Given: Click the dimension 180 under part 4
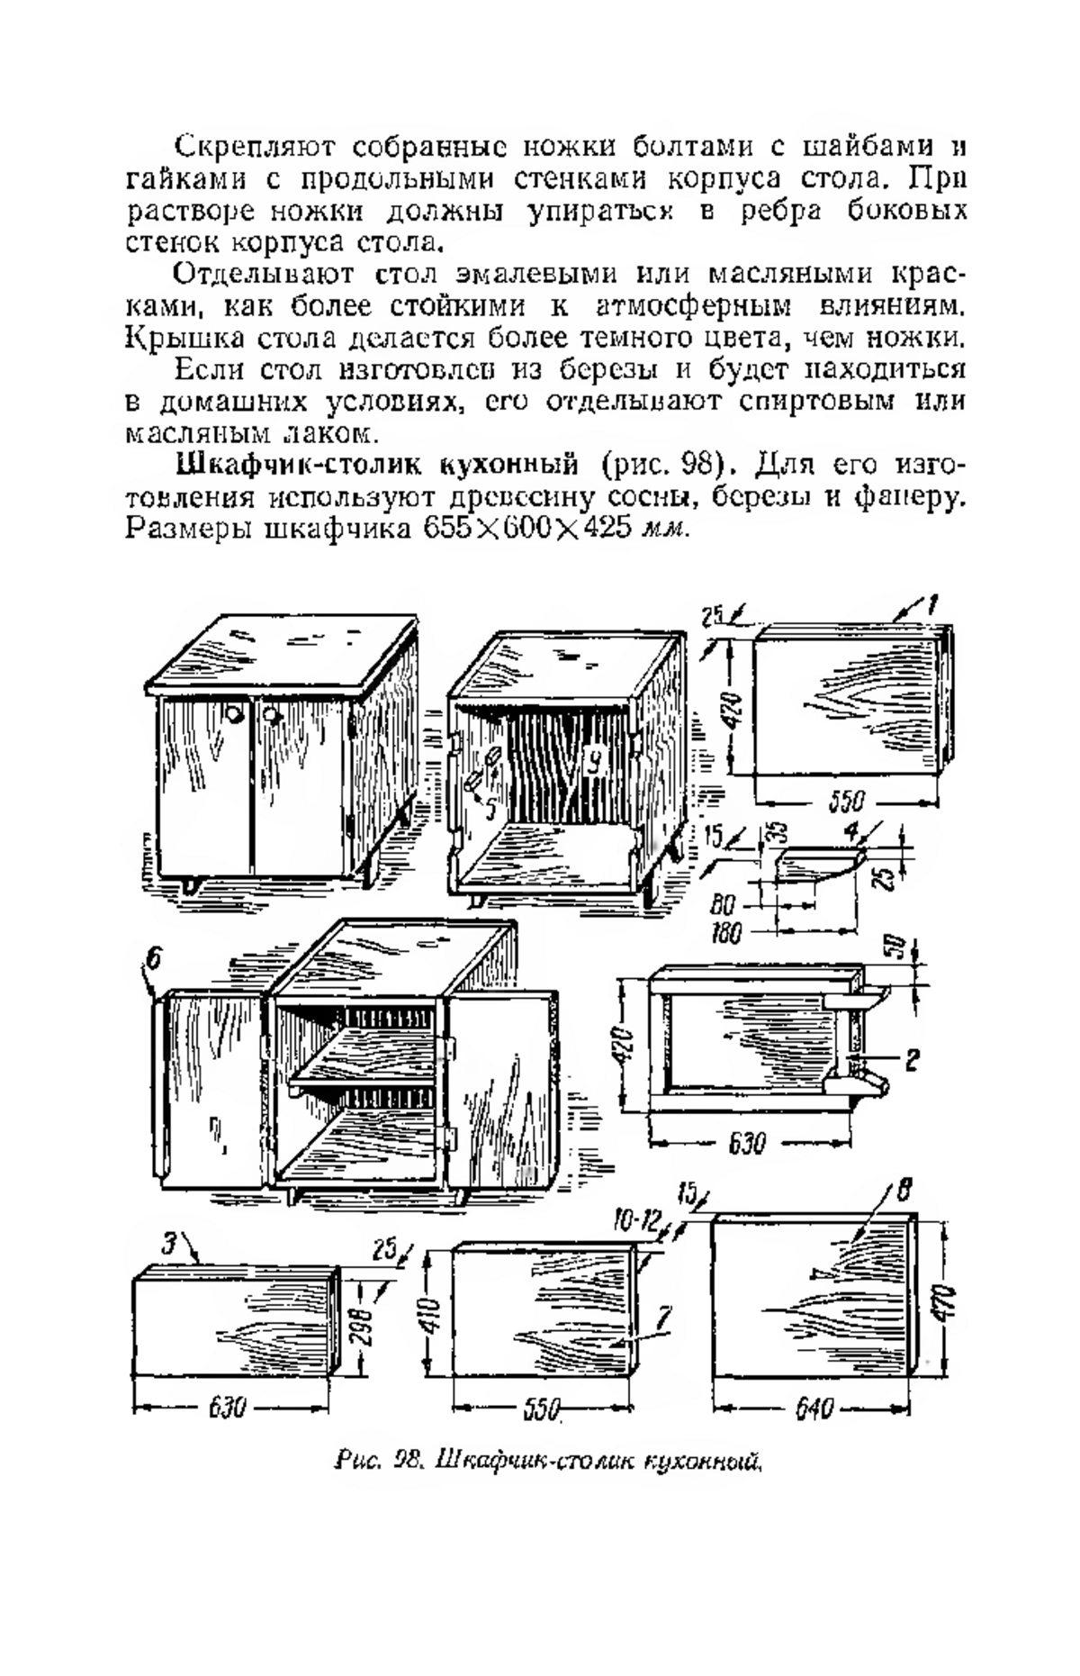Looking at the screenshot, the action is [725, 934].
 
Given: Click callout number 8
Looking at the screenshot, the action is [903, 1190].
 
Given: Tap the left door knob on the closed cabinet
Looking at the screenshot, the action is [233, 716].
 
